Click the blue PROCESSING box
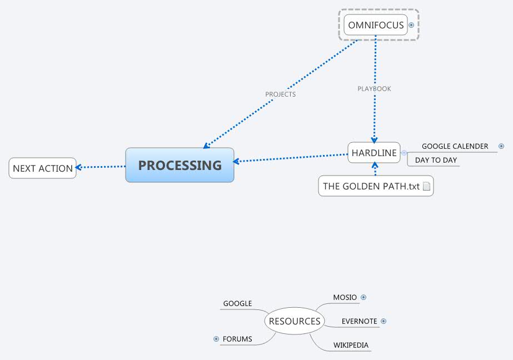180,165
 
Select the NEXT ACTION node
43,168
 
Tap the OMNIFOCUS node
376,25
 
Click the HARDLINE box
374,153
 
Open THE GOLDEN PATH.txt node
371,186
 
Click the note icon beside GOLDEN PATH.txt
426,187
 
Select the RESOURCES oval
295,321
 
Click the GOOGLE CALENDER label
455,146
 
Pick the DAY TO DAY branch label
436,160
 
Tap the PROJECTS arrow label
281,94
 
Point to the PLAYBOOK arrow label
374,89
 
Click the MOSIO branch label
345,297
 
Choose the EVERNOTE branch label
359,321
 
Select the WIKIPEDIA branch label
351,345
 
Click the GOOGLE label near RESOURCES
237,303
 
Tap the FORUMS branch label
237,339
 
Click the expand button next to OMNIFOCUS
411,25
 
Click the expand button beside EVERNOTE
383,321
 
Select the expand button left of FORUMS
216,339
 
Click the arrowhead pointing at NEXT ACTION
79,167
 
